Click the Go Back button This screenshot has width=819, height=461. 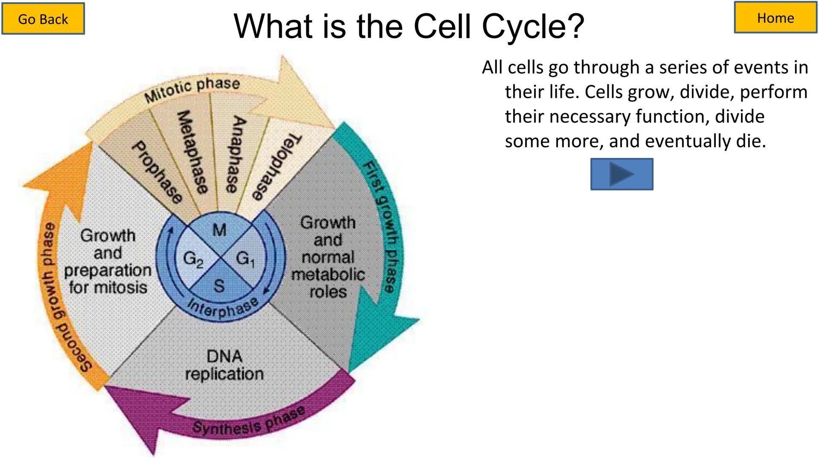pos(43,19)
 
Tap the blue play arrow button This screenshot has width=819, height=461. pos(622,174)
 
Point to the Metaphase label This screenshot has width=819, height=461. pos(192,152)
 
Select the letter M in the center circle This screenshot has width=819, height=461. pos(219,230)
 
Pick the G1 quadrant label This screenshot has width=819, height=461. pos(245,259)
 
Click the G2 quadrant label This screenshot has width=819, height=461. pos(193,259)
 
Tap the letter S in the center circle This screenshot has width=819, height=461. pos(219,286)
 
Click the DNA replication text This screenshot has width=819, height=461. pos(224,365)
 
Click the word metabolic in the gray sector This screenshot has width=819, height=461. pos(328,274)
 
